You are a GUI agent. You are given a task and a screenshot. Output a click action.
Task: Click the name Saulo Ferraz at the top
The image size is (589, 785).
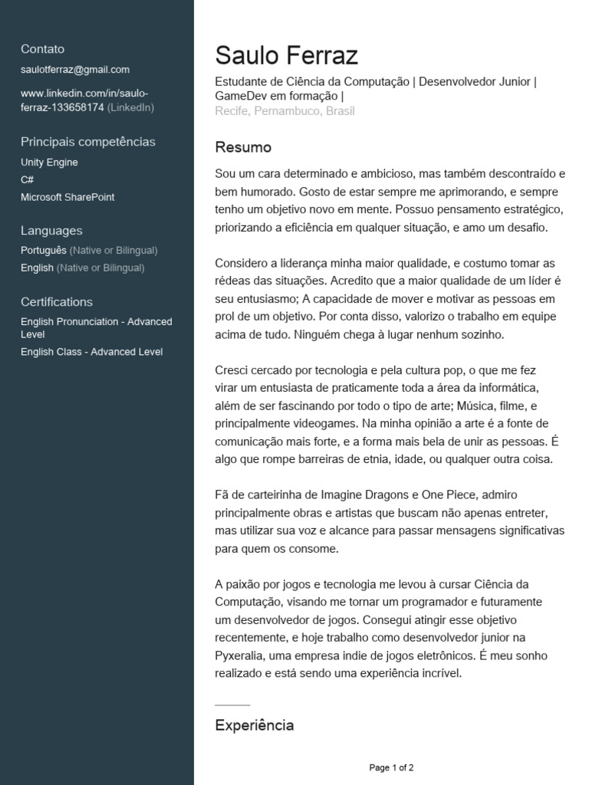[x=286, y=55]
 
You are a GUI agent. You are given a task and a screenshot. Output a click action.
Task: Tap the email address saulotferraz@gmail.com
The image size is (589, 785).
[x=75, y=70]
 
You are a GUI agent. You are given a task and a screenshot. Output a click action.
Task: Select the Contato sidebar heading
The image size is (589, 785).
[x=43, y=49]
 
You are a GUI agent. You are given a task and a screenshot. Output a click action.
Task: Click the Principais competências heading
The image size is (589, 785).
[x=87, y=142]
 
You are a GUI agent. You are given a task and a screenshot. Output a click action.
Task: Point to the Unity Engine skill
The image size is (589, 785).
[x=49, y=163]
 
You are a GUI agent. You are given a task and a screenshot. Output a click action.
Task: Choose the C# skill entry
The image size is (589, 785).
[x=27, y=179]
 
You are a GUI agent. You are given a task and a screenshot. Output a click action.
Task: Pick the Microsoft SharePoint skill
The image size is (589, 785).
[x=67, y=197]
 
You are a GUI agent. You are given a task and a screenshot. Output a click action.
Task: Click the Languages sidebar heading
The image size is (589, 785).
[x=51, y=231]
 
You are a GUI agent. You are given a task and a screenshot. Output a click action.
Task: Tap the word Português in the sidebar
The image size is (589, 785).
[x=44, y=250]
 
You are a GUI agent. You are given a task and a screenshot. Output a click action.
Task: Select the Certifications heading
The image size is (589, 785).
[x=57, y=302]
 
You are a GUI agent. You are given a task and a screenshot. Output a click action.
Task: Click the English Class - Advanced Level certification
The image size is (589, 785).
[x=91, y=353]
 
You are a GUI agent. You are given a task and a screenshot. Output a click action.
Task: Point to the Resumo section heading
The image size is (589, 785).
[x=243, y=147]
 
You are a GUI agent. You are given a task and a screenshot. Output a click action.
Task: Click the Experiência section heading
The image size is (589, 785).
[x=254, y=725]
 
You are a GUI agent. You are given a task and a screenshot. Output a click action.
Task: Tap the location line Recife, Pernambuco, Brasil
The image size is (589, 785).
[x=285, y=111]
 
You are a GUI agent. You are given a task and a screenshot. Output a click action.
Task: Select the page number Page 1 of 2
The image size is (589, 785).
[x=391, y=767]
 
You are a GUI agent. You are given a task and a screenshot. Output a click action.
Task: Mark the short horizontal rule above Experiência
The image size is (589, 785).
[x=232, y=705]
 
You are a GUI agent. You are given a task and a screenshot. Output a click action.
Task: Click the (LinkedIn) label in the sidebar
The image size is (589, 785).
[x=130, y=107]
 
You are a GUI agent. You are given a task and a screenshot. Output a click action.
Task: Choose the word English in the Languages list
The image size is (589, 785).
[x=37, y=268]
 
